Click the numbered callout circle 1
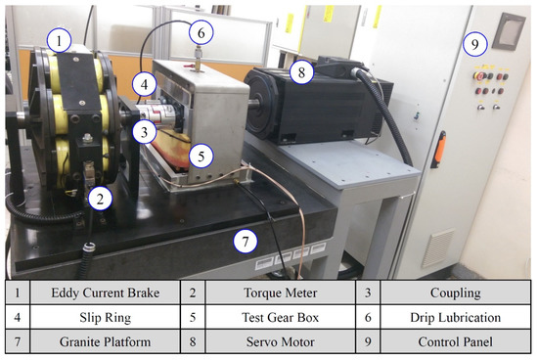61,42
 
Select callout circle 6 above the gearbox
200,32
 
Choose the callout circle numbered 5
200,154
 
